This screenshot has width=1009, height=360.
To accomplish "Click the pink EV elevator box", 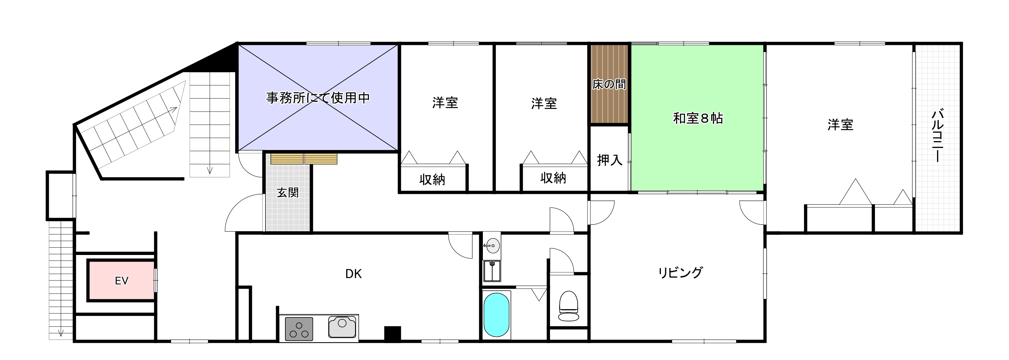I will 122,280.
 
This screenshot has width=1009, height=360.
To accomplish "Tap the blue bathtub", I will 496,314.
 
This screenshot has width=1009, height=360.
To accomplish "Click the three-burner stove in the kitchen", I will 299,329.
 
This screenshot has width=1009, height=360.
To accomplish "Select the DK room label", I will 353,274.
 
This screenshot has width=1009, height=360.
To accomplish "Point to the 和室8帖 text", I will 698,118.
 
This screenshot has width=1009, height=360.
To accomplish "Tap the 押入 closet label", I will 609,160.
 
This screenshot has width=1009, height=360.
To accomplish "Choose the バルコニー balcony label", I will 937,135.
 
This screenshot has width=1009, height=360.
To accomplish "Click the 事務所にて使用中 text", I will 318,97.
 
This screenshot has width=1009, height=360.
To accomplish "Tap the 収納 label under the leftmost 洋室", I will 432,179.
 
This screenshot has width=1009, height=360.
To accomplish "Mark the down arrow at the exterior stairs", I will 61,333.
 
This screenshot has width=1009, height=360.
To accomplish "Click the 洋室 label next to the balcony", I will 840,125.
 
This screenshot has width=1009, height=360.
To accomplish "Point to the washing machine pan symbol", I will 492,271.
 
